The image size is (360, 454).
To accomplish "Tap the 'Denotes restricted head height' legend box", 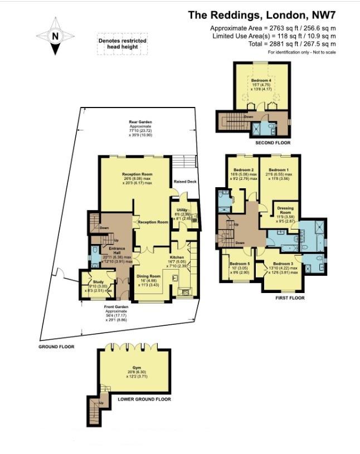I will point(123,45).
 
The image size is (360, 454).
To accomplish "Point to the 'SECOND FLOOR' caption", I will point(273,143).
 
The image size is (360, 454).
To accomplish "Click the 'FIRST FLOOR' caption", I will point(290,298).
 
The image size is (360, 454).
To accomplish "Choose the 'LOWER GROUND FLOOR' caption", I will point(144,399).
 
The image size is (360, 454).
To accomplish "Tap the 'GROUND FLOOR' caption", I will point(56,346).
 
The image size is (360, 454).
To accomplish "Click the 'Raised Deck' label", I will point(184,181).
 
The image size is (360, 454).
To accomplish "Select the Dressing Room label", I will point(285,210).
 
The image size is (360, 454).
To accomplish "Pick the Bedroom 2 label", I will point(244,170).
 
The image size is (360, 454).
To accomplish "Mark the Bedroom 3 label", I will point(283,263).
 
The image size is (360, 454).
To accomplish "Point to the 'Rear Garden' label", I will point(140,122).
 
